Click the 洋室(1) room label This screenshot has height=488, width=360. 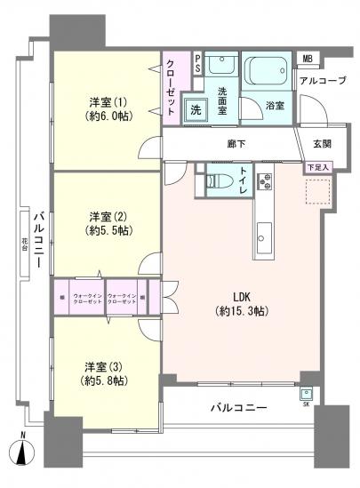(x=106, y=108)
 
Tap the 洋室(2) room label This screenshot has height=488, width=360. (x=106, y=223)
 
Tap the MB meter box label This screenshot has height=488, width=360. (x=308, y=60)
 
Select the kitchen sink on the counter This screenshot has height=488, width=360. (x=264, y=237)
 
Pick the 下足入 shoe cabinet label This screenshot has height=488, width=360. (x=316, y=166)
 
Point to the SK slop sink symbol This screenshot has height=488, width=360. (x=307, y=396)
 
